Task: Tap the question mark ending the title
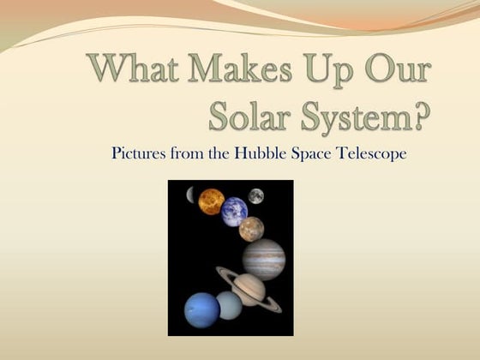(418, 114)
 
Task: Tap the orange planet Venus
(211, 201)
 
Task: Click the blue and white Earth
(234, 212)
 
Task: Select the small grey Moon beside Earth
(255, 196)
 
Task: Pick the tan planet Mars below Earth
(251, 229)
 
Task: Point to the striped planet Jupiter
(262, 258)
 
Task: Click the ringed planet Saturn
(249, 288)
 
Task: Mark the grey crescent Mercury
(191, 195)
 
